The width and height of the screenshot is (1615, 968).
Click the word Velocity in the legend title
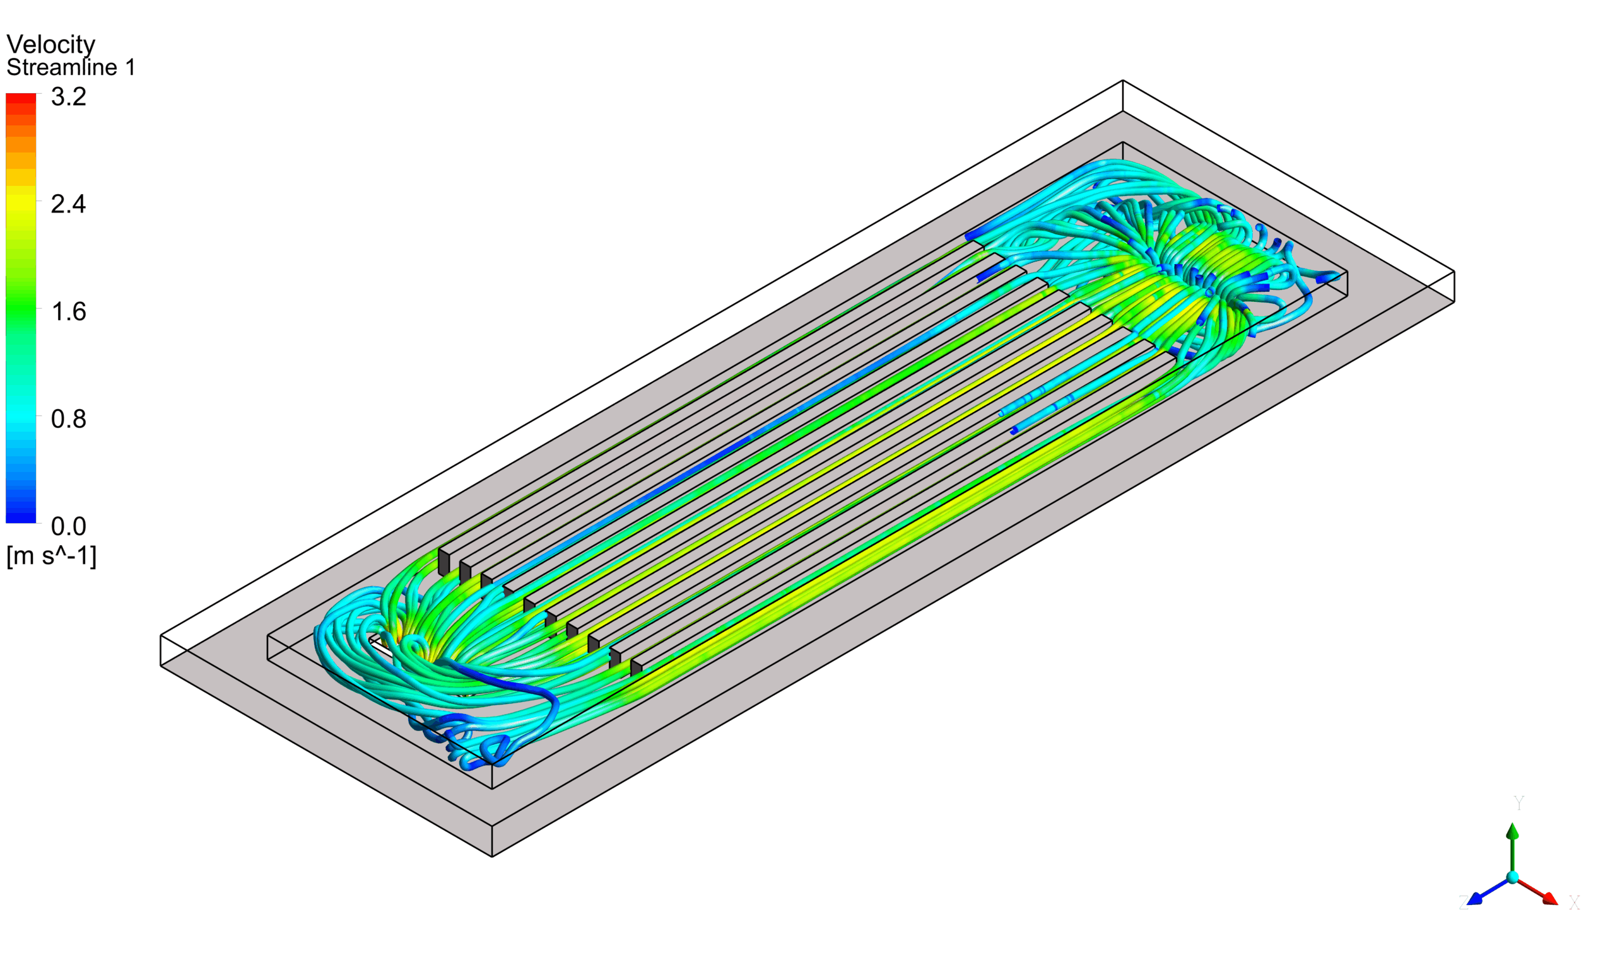pyautogui.click(x=51, y=44)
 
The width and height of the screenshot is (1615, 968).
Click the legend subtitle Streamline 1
pyautogui.click(x=71, y=67)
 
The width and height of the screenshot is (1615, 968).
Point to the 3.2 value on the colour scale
pyautogui.click(x=69, y=96)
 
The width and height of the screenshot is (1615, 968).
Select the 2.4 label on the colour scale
pyautogui.click(x=69, y=204)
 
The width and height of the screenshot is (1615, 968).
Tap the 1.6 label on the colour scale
pyautogui.click(x=69, y=312)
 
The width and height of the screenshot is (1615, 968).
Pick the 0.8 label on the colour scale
pyautogui.click(x=69, y=418)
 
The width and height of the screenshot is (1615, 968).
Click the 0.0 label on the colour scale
pyautogui.click(x=69, y=526)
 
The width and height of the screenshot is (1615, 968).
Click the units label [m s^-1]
pyautogui.click(x=52, y=556)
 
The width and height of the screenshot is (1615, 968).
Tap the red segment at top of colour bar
pyautogui.click(x=21, y=99)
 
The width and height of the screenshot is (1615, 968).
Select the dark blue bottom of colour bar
pyautogui.click(x=21, y=516)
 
